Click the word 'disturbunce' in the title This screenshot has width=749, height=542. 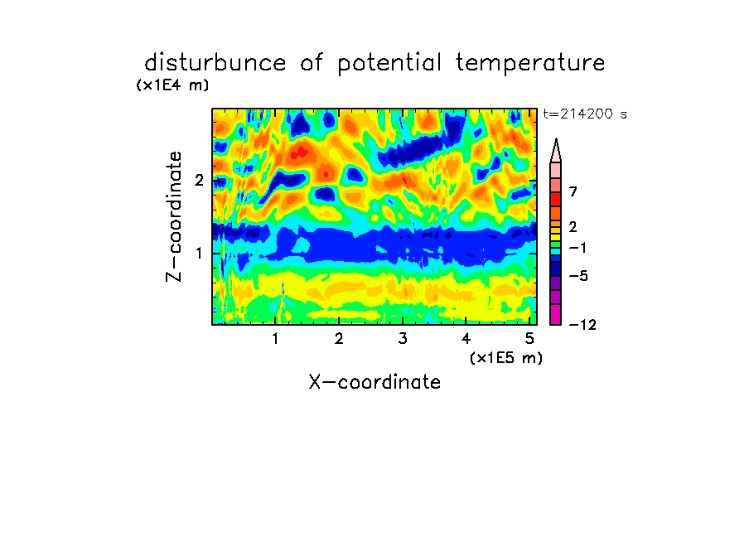tap(215, 63)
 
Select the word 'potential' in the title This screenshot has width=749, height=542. tap(389, 64)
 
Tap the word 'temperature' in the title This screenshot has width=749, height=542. tap(530, 64)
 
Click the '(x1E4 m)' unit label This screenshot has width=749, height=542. tap(172, 85)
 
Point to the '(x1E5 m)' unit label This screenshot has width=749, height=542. tap(506, 357)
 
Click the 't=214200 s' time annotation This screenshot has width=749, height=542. tap(585, 114)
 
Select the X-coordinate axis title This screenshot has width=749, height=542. tap(374, 382)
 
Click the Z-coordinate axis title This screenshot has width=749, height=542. tap(174, 216)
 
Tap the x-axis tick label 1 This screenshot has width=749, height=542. tap(275, 338)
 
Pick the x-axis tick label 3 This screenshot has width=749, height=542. tap(402, 338)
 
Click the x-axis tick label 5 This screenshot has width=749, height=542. tap(529, 338)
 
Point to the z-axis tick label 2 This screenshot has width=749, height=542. tap(199, 180)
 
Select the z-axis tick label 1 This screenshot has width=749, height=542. tap(199, 253)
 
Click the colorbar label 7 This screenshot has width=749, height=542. tap(573, 191)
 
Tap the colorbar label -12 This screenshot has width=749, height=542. tap(582, 325)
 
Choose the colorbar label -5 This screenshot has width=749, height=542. tap(578, 276)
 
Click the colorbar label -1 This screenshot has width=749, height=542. tap(577, 248)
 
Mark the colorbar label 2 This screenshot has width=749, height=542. tap(573, 226)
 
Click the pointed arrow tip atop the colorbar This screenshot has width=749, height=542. tap(556, 139)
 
